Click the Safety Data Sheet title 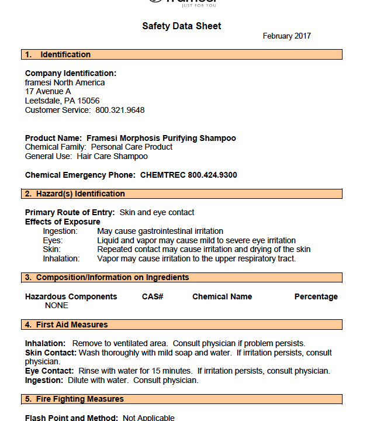point(182,26)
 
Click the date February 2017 point(286,36)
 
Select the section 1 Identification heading point(65,54)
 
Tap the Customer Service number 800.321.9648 point(120,110)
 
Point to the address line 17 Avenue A point(48,92)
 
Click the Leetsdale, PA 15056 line point(62,101)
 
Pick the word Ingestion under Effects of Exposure point(60,232)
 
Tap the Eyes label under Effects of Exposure point(53,240)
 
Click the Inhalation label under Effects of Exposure point(61,258)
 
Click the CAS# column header point(153,296)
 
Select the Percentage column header point(316,296)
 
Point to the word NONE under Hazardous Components point(57,305)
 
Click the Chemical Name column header point(222,296)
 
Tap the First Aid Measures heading point(72,325)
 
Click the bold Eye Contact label point(49,371)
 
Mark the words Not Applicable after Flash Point point(148,417)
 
